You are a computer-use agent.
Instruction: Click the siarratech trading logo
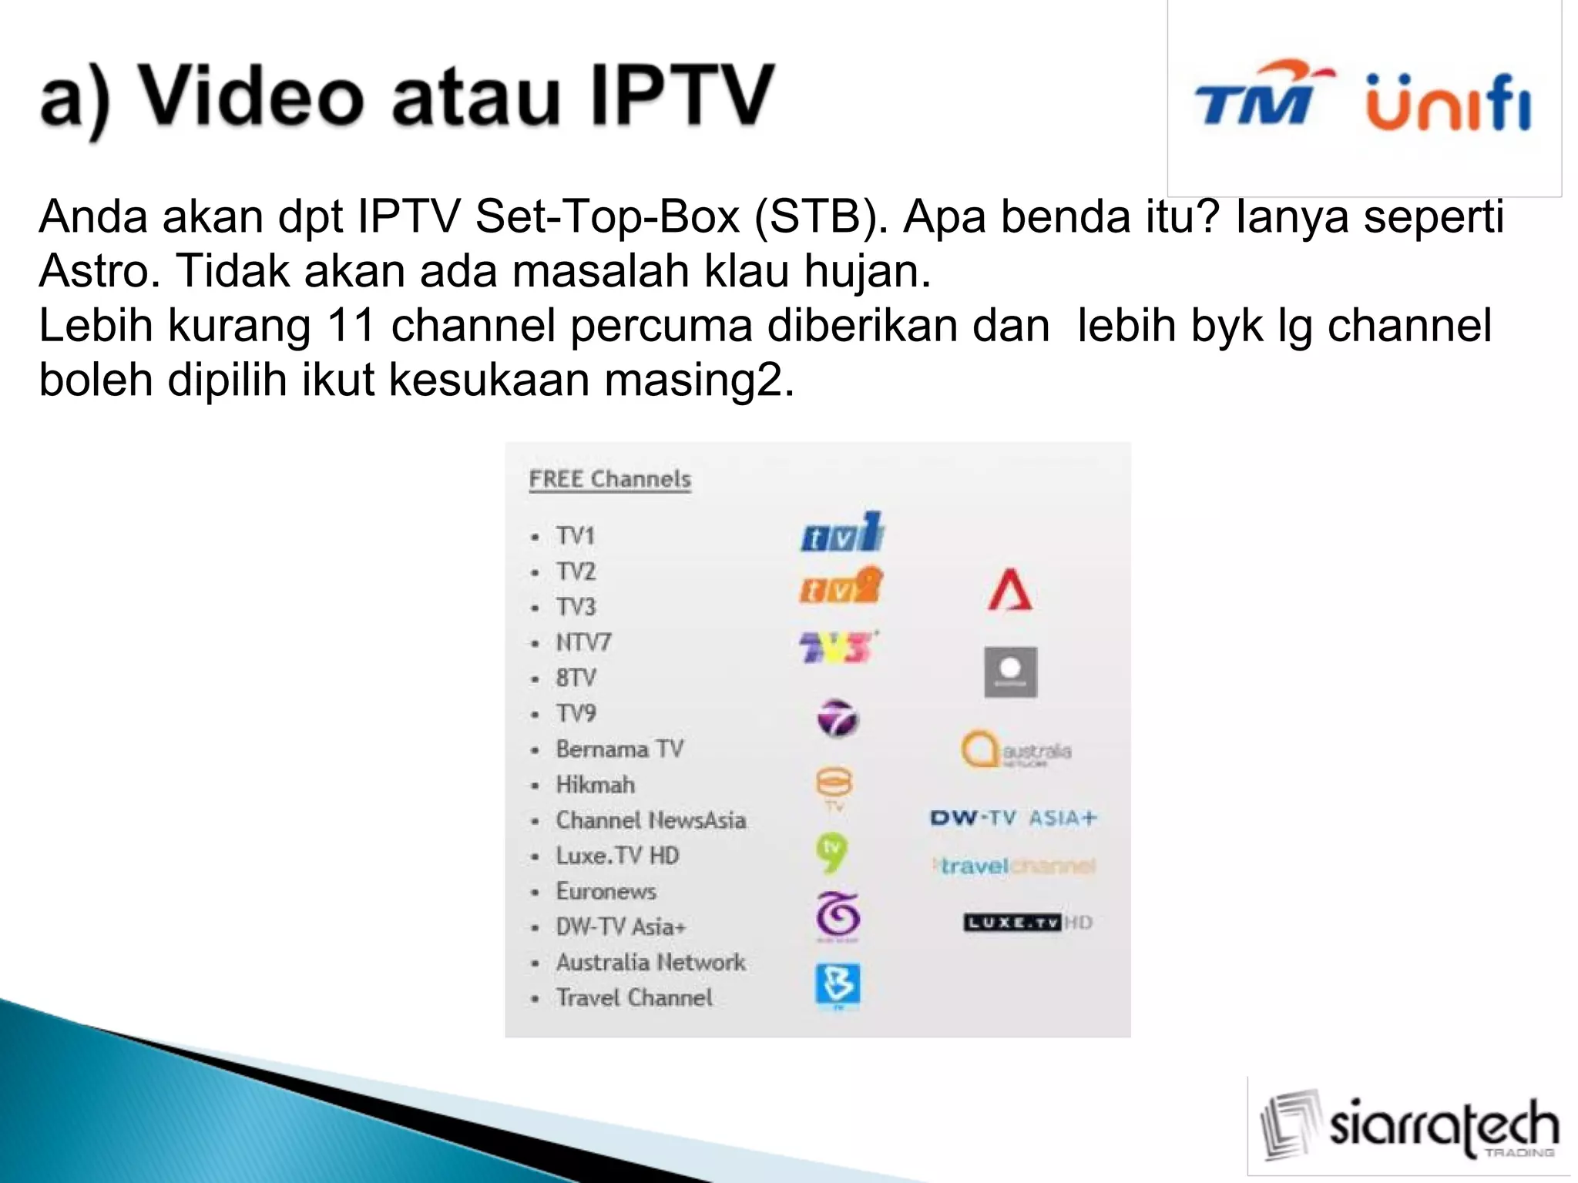click(1408, 1126)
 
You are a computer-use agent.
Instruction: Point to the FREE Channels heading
click(609, 479)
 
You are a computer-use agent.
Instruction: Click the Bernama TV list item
click(619, 749)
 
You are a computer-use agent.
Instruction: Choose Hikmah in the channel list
click(596, 785)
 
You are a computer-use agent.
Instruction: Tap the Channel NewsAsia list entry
click(651, 820)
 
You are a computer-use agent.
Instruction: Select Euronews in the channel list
click(606, 891)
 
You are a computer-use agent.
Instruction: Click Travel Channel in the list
click(634, 997)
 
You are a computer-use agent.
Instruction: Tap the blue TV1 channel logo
click(841, 533)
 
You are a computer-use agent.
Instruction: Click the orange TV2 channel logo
click(840, 587)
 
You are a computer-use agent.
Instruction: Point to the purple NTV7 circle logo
click(838, 718)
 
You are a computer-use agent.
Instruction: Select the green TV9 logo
click(831, 853)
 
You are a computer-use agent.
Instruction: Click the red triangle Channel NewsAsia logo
click(1010, 591)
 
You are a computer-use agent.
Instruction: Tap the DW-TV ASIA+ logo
click(1012, 818)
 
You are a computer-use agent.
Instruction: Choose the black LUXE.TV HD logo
click(1027, 922)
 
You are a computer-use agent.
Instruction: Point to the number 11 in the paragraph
click(351, 325)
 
